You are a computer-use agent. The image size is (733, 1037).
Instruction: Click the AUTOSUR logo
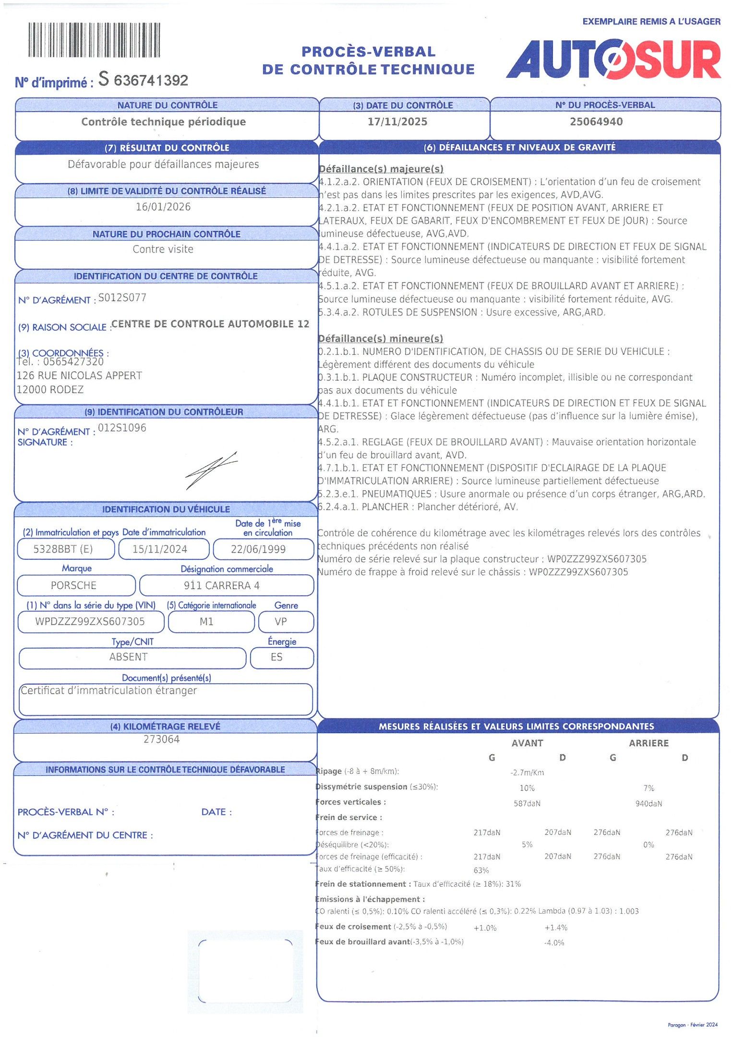pyautogui.click(x=613, y=60)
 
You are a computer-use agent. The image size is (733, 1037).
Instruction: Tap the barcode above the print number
pyautogui.click(x=94, y=40)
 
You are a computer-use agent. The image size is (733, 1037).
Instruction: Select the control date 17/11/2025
pyautogui.click(x=397, y=122)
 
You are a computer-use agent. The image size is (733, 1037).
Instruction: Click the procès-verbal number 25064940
pyautogui.click(x=596, y=122)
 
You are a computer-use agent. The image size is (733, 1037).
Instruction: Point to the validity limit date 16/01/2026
pyautogui.click(x=163, y=207)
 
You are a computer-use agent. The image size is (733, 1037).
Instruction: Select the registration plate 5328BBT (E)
pyautogui.click(x=63, y=549)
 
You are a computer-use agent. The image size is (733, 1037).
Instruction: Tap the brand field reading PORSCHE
pyautogui.click(x=74, y=585)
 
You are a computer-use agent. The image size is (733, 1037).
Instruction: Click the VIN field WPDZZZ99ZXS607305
pyautogui.click(x=90, y=622)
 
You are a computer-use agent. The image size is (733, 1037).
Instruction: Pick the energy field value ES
pyautogui.click(x=276, y=657)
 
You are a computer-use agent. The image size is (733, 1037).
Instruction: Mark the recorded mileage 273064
pyautogui.click(x=161, y=739)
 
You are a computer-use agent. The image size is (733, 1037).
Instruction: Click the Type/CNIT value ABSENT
pyautogui.click(x=128, y=657)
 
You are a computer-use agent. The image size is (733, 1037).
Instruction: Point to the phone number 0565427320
pyautogui.click(x=73, y=362)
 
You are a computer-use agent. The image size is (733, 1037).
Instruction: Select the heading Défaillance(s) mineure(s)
pyautogui.click(x=381, y=338)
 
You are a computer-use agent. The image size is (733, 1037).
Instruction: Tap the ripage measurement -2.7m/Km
pyautogui.click(x=527, y=772)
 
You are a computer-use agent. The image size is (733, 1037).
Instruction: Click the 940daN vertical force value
pyautogui.click(x=649, y=804)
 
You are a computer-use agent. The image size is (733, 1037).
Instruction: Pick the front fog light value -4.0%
pyautogui.click(x=554, y=943)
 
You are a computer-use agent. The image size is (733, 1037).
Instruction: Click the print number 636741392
pyautogui.click(x=151, y=80)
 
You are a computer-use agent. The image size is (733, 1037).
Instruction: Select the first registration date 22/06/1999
pyautogui.click(x=258, y=549)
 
